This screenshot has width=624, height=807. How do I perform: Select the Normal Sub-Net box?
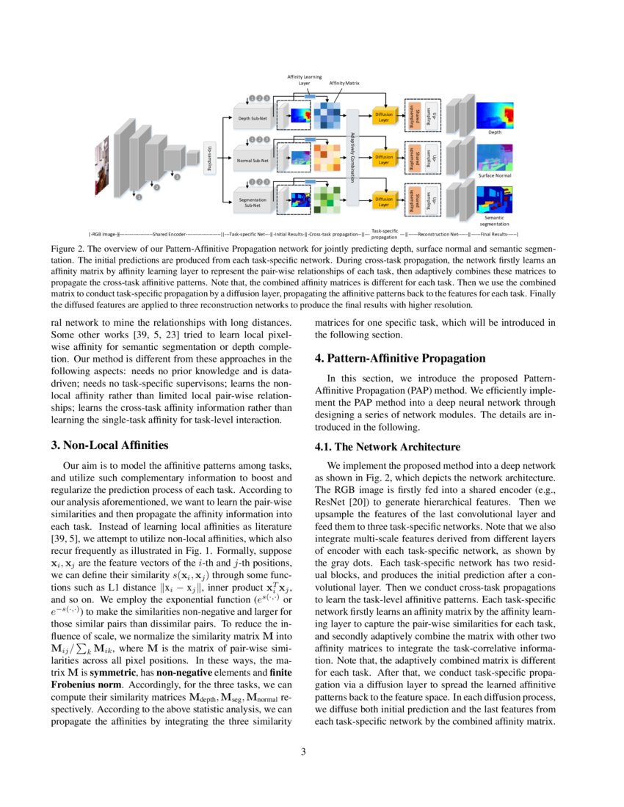pyautogui.click(x=253, y=159)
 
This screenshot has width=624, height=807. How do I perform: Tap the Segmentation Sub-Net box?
pyautogui.click(x=253, y=202)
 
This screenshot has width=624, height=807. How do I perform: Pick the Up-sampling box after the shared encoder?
pyautogui.click(x=208, y=158)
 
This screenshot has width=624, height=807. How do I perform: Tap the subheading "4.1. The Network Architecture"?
pyautogui.click(x=387, y=446)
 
